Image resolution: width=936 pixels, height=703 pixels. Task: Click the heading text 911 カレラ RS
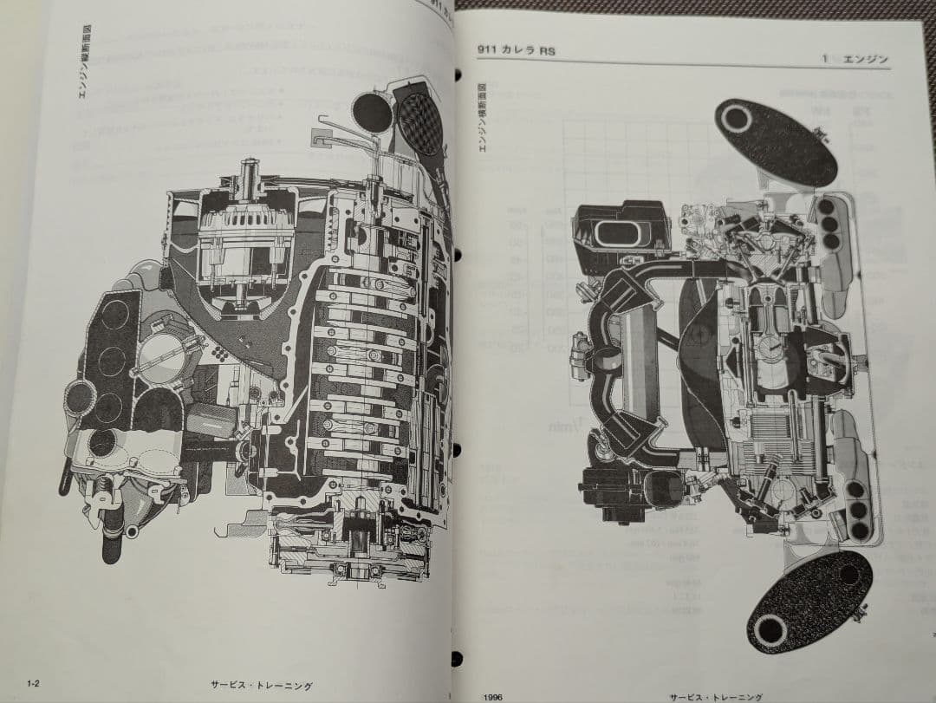(x=516, y=51)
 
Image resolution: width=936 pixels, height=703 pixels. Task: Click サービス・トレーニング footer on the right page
(x=716, y=696)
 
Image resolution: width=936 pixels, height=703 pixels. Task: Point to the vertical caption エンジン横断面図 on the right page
(x=483, y=118)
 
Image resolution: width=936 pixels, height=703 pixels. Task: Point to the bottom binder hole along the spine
(x=456, y=658)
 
